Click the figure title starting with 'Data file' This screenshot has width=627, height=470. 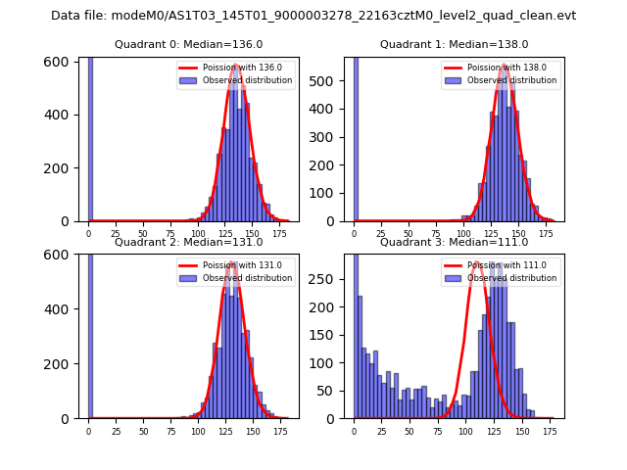click(x=313, y=16)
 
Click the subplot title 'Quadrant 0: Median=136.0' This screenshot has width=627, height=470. click(x=188, y=44)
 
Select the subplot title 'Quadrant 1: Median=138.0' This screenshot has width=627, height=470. click(x=454, y=44)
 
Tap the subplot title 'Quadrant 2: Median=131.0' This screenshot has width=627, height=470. click(x=188, y=242)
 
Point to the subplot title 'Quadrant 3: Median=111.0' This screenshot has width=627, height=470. click(x=454, y=242)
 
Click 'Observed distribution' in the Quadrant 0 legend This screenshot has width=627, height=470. click(x=248, y=80)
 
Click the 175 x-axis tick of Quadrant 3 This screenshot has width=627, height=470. click(x=550, y=431)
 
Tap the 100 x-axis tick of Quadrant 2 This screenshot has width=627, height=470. click(x=198, y=431)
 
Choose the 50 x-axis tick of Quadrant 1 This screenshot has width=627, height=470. click(x=410, y=234)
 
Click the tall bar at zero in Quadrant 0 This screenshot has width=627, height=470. click(x=90, y=137)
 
